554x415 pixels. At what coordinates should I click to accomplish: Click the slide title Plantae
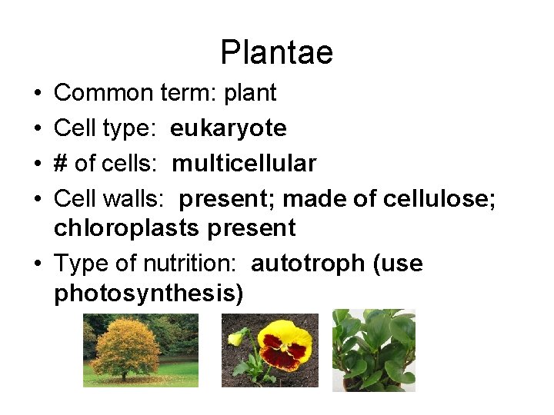(x=276, y=52)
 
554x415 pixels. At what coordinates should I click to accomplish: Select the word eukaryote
(x=228, y=128)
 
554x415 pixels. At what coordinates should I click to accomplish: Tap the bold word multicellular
(x=244, y=164)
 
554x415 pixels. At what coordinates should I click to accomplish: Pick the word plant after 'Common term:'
(x=249, y=93)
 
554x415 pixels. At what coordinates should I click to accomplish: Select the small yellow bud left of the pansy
(x=236, y=335)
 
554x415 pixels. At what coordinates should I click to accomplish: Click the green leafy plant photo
(x=373, y=350)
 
